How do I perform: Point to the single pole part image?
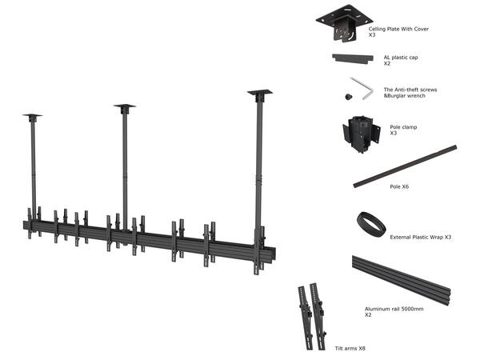pos(405,166)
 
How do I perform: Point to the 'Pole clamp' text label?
pos(403,126)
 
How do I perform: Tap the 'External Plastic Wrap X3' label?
pos(421,238)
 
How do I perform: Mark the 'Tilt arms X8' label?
pos(350,349)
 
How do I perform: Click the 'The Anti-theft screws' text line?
pos(410,90)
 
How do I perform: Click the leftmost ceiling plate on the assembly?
pos(32,117)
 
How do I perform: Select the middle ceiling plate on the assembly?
pos(124,106)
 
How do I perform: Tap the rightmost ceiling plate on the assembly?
pos(259,93)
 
